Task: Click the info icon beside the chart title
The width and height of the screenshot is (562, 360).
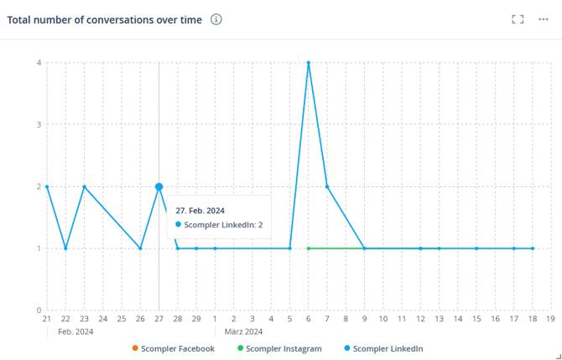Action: (216, 19)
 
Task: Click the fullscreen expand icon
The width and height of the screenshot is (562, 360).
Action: (518, 19)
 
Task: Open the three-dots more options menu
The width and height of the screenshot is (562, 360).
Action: (544, 19)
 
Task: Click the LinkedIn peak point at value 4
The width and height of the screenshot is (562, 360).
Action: (309, 63)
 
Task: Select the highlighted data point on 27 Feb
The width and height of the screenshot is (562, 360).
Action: (159, 186)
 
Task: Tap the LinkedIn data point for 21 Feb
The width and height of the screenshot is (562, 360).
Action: (47, 186)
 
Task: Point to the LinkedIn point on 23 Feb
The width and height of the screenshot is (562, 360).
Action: (84, 186)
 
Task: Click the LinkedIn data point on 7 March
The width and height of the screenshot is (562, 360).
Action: (327, 186)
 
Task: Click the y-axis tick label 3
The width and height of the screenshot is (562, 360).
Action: (39, 124)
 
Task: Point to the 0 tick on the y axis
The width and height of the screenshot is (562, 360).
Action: (39, 310)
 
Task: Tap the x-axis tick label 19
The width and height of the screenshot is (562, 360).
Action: (550, 319)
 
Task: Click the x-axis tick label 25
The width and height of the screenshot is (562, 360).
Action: (122, 319)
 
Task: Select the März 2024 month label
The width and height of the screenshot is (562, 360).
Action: (243, 331)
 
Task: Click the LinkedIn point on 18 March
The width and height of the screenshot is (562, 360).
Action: (533, 248)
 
